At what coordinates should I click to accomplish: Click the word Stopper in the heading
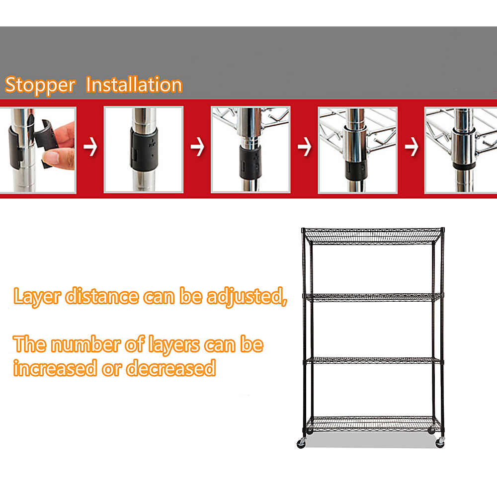point(40,85)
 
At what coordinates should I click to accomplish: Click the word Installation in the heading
point(134,85)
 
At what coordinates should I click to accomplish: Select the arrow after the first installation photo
point(90,148)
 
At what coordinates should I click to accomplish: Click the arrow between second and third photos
point(197,148)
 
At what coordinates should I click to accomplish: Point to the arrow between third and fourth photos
point(304,148)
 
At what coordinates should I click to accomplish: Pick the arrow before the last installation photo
point(411,148)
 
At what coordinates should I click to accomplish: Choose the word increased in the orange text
point(55,369)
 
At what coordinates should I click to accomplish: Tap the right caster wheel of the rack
point(440,443)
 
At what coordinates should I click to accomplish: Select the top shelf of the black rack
point(373,234)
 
